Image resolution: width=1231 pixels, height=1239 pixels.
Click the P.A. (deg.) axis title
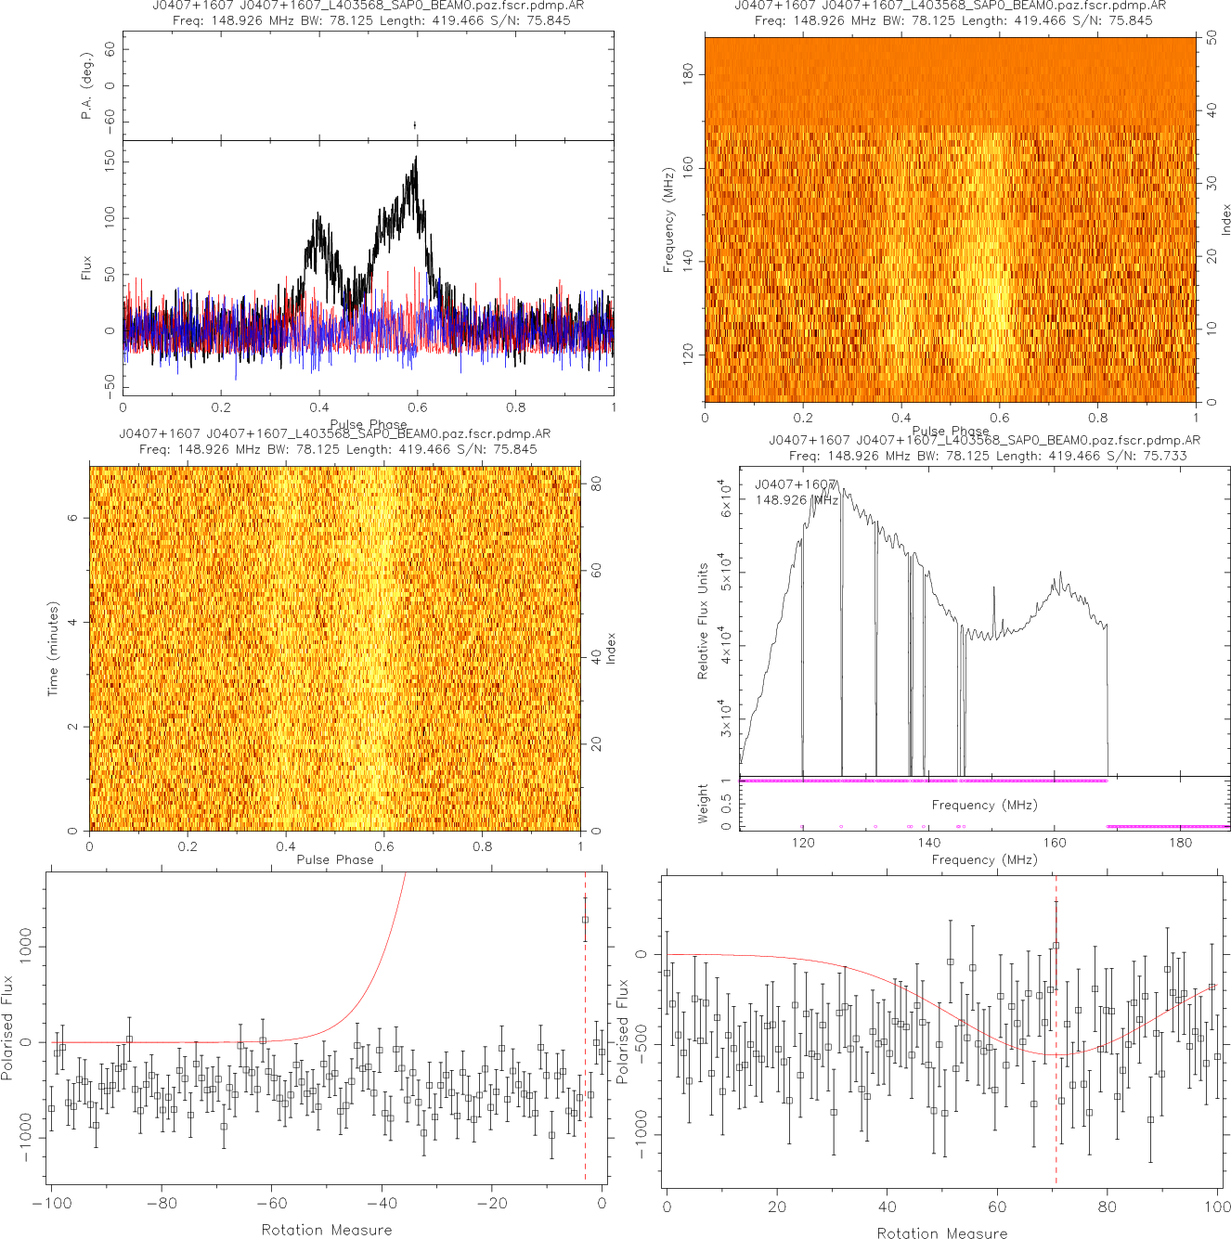click(86, 85)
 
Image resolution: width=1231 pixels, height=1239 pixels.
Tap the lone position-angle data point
click(415, 125)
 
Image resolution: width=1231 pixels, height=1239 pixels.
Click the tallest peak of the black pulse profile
click(416, 159)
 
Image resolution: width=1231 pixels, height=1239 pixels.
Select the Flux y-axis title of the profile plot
click(86, 268)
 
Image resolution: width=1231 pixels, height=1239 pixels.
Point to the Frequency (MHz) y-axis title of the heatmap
click(667, 220)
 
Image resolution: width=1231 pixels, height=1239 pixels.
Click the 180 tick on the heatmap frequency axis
click(688, 74)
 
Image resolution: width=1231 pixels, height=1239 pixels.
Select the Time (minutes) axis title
click(53, 649)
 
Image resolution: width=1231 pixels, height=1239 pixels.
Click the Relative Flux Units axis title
click(703, 621)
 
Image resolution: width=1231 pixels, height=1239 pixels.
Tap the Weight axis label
click(703, 804)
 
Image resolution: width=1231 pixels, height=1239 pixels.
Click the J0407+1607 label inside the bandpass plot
click(796, 484)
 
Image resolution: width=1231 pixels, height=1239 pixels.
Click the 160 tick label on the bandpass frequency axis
click(1055, 843)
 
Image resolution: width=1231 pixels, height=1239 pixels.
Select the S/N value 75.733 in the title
click(1165, 455)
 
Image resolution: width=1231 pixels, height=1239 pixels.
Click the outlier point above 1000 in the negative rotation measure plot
click(585, 920)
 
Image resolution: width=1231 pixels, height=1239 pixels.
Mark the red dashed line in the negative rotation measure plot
click(585, 1067)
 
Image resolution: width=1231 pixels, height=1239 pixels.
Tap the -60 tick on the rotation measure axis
click(271, 1204)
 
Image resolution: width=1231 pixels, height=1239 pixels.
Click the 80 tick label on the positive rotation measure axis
click(1108, 1207)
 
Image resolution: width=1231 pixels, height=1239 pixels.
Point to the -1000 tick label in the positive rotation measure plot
click(641, 1134)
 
